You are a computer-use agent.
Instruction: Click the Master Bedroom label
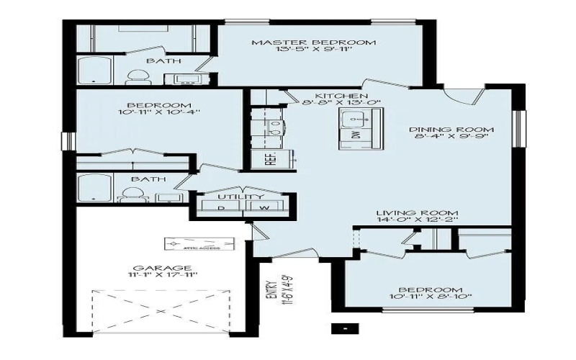[x=313, y=42]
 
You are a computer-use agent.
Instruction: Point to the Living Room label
[x=418, y=212]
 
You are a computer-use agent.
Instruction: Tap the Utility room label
[x=240, y=196]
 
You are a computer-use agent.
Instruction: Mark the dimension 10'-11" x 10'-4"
[x=158, y=112]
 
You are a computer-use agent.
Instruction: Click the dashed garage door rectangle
[x=162, y=310]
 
